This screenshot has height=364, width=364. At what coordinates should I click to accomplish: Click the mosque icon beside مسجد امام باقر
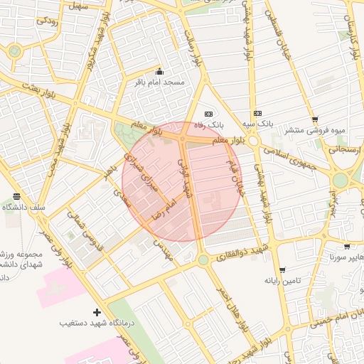[159, 72]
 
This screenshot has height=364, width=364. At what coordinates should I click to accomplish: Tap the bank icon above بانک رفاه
[208, 114]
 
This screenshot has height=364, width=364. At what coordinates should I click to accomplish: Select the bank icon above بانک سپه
[257, 114]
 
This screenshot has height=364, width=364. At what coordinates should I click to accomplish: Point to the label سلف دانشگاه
[23, 207]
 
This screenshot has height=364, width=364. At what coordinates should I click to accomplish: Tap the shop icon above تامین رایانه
[283, 269]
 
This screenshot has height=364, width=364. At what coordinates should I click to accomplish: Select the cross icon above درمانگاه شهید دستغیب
[97, 312]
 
